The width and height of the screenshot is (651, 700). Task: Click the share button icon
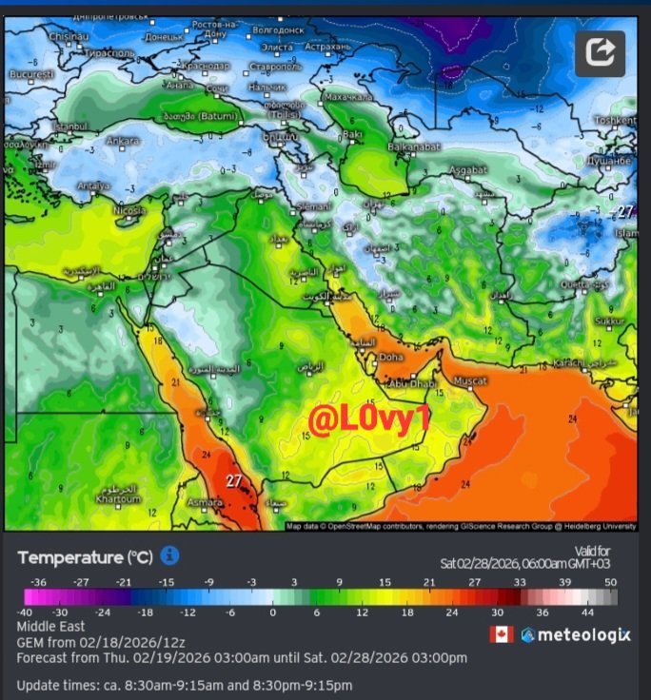(x=600, y=53)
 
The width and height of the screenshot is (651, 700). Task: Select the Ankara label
(x=123, y=141)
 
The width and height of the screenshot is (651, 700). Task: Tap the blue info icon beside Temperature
(x=169, y=555)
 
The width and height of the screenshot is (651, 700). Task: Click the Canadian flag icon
(x=501, y=634)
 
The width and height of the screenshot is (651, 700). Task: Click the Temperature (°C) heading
(x=84, y=557)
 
